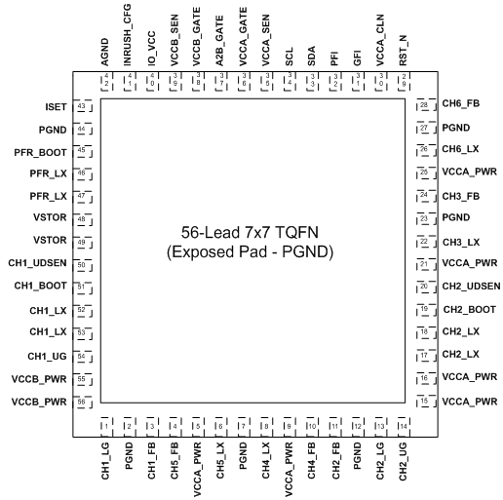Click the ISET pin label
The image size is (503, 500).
coord(56,107)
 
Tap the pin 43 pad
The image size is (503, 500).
coord(83,106)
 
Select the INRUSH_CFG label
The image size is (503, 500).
coord(127,35)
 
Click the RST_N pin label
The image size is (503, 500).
coord(403,51)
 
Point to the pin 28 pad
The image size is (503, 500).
coord(426,104)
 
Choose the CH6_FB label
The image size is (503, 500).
coord(461,103)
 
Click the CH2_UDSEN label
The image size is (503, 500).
coord(471,287)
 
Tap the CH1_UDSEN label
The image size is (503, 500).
coord(37,263)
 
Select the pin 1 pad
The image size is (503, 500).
coord(106,427)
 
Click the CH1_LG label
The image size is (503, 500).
coord(105,461)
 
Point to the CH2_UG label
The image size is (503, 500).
coord(403,461)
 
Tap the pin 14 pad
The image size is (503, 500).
coord(404,427)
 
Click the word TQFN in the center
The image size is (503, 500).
coord(296,232)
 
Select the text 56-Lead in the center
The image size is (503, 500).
coord(210,232)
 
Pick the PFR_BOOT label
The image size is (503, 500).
coord(40,152)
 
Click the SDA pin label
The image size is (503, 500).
coord(311,56)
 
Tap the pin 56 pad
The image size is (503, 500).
coord(83,403)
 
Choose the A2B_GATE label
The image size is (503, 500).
coord(219,41)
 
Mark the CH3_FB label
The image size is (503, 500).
coord(461,197)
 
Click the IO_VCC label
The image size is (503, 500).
coord(151,49)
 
